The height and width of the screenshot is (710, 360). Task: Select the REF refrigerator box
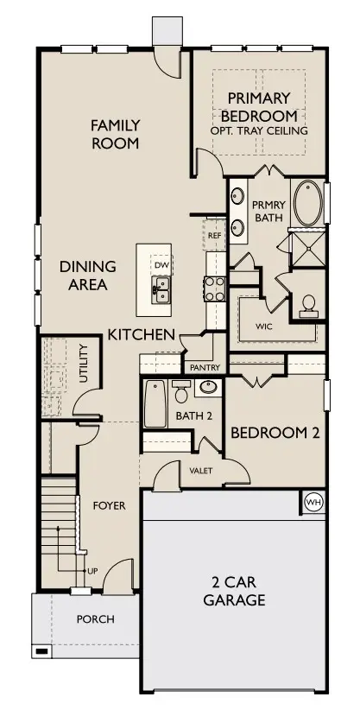click(214, 234)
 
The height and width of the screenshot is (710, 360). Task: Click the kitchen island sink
click(161, 288)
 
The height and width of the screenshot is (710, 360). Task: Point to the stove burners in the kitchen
click(214, 287)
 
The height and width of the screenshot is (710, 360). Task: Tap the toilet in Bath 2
click(181, 393)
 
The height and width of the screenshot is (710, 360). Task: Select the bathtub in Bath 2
click(155, 403)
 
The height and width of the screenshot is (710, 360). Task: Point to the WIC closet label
click(265, 327)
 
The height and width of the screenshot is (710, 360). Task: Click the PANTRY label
click(205, 367)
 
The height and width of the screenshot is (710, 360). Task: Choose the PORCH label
click(95, 619)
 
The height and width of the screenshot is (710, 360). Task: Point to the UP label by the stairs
click(91, 571)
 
